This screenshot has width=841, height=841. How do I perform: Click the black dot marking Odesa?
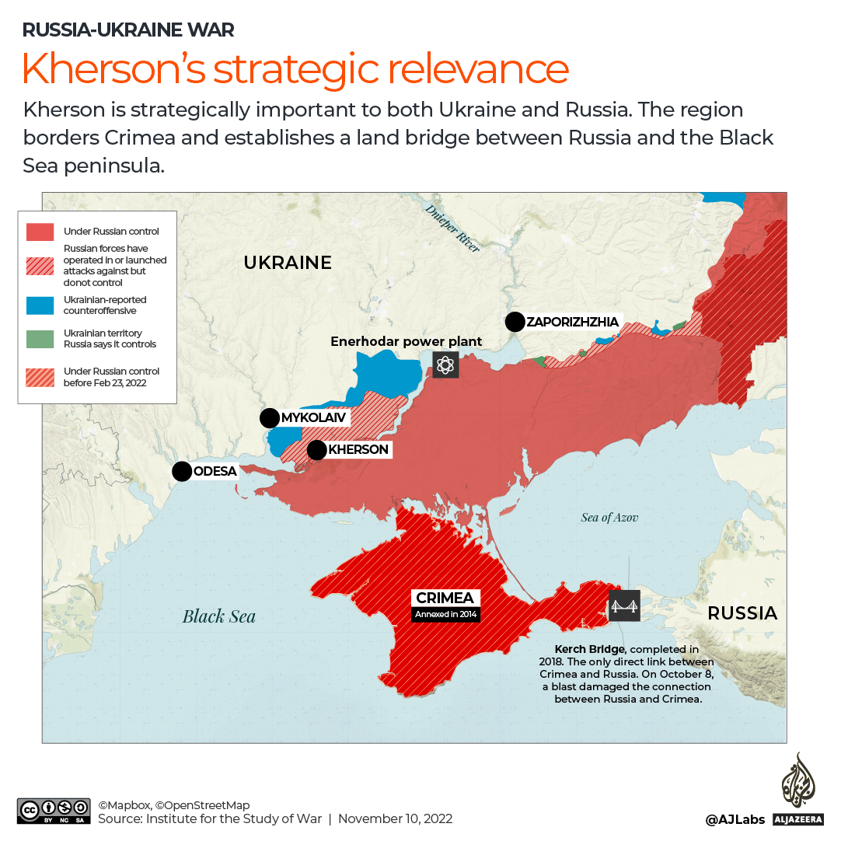click(182, 471)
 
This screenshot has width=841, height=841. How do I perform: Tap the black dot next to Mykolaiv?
click(269, 418)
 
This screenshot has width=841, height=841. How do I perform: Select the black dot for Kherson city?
click(316, 450)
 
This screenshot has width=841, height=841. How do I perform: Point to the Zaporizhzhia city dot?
click(515, 322)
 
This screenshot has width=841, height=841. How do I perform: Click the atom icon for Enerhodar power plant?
click(445, 365)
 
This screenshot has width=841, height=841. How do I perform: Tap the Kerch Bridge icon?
click(624, 605)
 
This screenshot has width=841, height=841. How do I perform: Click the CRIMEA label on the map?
click(445, 598)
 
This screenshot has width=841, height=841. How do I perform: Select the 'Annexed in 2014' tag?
click(446, 615)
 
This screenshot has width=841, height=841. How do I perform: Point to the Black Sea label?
click(218, 616)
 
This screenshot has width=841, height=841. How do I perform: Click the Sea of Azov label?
click(609, 517)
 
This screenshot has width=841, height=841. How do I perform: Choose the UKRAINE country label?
click(288, 263)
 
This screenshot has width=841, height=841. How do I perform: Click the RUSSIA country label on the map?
click(742, 613)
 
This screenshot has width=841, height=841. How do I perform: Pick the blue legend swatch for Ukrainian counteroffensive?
click(40, 305)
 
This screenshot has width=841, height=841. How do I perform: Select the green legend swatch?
click(40, 339)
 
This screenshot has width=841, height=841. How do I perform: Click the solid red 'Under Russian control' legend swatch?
click(40, 232)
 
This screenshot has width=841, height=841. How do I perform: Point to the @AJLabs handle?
click(735, 819)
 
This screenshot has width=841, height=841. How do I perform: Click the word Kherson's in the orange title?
click(113, 68)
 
